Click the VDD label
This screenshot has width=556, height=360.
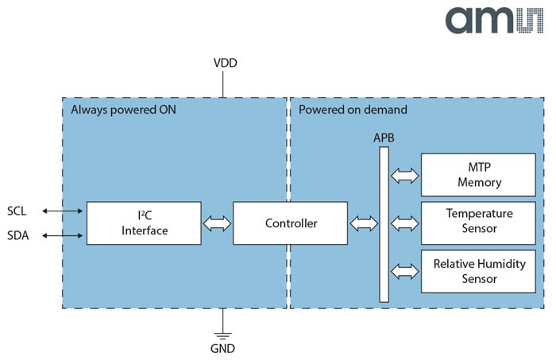pos(225,63)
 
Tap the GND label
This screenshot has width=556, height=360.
pos(222,347)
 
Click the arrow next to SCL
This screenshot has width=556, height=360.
pos(63,211)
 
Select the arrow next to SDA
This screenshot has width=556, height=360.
pos(63,235)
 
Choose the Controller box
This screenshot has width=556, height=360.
pos(290,223)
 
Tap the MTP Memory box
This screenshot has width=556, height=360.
pos(478,174)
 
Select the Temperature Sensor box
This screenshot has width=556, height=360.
pos(478,222)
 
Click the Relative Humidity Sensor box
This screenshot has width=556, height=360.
pos(478,271)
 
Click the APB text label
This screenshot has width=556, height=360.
pos(384,137)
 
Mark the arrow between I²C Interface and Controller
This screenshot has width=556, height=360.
pos(217,223)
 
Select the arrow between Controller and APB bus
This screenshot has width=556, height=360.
pos(364,223)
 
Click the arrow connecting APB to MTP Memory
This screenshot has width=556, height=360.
pos(405,175)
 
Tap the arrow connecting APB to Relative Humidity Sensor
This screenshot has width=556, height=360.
pos(405,271)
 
